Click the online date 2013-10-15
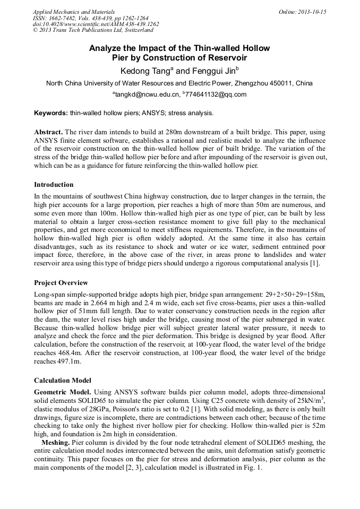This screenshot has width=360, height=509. (312, 12)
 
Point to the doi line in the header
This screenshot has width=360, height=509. (96, 24)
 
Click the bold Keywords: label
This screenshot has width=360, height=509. (51, 113)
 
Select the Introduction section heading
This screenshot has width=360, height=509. (54, 185)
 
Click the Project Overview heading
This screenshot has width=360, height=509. (61, 283)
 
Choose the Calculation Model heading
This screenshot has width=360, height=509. (62, 381)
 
